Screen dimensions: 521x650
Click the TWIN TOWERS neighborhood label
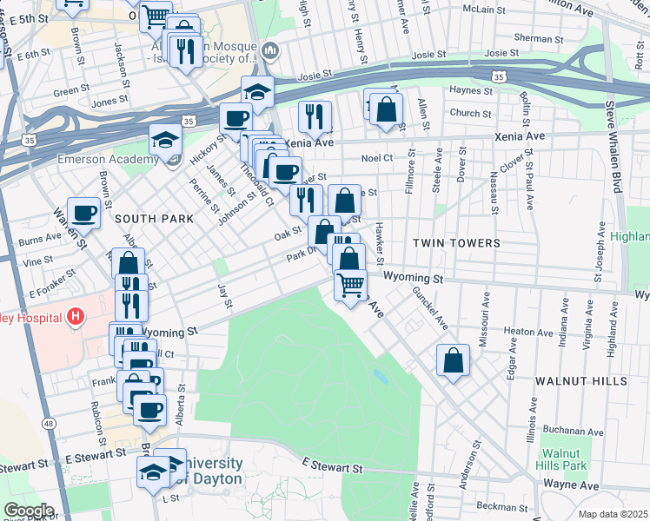click(x=456, y=243)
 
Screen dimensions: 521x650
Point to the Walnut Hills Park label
click(x=563, y=459)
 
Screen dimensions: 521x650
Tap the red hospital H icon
click(x=76, y=317)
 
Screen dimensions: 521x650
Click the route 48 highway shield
click(x=49, y=423)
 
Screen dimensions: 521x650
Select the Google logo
click(x=29, y=510)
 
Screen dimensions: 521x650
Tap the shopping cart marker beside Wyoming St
click(x=350, y=285)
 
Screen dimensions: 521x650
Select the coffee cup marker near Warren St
click(x=84, y=212)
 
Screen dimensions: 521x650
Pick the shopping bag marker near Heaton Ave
click(x=454, y=360)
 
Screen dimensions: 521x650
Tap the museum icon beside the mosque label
click(x=269, y=51)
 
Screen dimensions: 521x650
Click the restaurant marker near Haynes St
click(x=315, y=115)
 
